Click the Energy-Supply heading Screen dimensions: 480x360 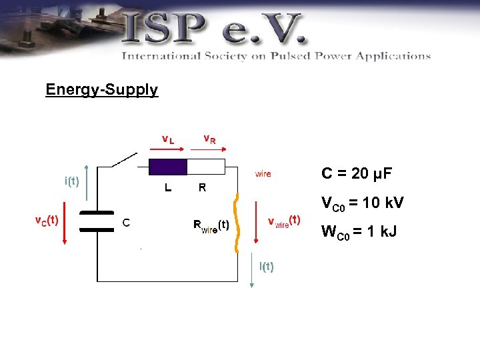click(101, 89)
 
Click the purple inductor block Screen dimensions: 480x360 click(168, 167)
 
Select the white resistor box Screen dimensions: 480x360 click(206, 167)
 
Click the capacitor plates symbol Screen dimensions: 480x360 click(97, 221)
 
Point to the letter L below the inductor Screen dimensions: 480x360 click(169, 188)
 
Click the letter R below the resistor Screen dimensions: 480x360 click(202, 188)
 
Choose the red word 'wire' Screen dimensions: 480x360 click(263, 174)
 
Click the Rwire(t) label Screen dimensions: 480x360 click(211, 225)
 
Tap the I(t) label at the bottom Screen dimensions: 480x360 click(267, 267)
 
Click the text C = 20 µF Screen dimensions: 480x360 click(357, 174)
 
